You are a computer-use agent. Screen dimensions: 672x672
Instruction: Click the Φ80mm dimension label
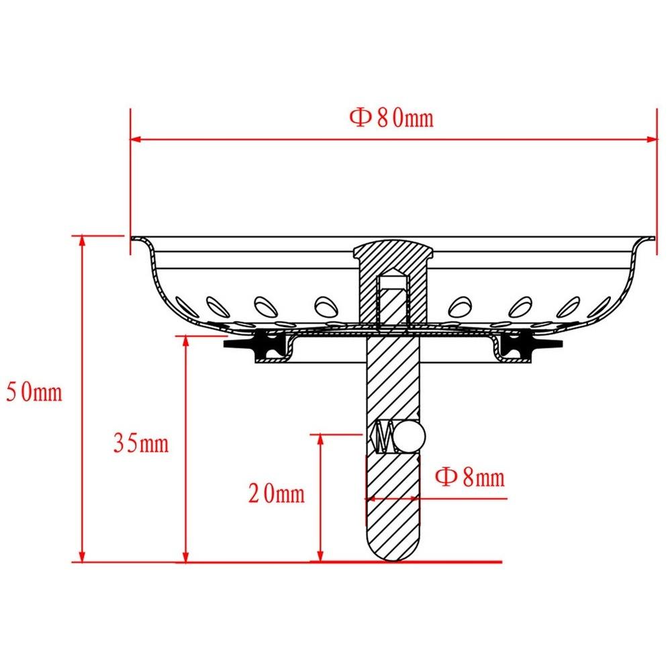tap(391, 118)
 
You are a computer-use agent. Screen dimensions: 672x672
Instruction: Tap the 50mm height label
tap(34, 392)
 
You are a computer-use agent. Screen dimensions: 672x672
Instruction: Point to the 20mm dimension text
tap(277, 493)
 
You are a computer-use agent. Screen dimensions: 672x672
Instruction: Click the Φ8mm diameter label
tap(470, 477)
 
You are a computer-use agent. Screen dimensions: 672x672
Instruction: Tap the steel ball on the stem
tap(411, 437)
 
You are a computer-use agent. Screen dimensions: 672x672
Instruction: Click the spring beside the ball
tap(384, 437)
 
